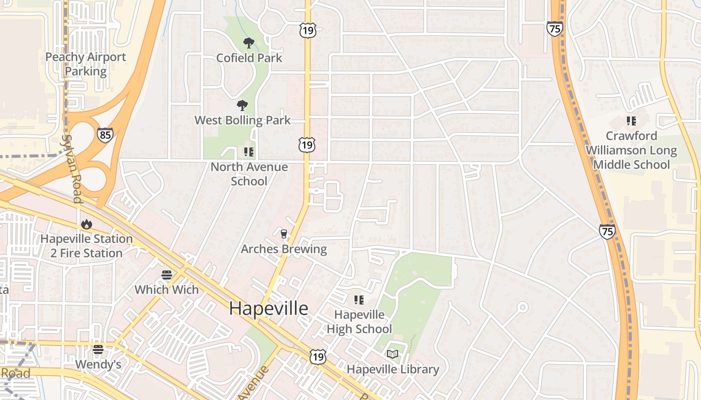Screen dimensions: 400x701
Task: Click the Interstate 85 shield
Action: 105,135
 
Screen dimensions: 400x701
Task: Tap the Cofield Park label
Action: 249,58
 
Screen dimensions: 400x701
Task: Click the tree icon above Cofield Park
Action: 248,43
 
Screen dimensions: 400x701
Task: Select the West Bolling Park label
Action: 242,120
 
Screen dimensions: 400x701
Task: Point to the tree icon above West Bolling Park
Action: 242,105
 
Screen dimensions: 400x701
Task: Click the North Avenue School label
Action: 249,174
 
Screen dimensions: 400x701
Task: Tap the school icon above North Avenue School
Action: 248,151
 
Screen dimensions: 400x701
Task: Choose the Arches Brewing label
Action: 284,249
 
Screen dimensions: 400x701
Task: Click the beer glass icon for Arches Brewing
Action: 284,234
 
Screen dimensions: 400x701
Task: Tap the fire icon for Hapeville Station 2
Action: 86,224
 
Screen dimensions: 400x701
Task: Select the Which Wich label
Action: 167,289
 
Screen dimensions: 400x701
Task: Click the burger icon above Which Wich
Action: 167,275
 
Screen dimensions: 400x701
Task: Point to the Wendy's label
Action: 98,364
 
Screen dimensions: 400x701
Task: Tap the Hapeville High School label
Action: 359,322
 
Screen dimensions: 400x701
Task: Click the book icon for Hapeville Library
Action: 393,354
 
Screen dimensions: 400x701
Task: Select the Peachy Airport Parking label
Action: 86,64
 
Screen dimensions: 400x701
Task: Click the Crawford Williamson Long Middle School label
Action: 631,150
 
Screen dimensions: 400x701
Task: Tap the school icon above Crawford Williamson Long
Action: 631,120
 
